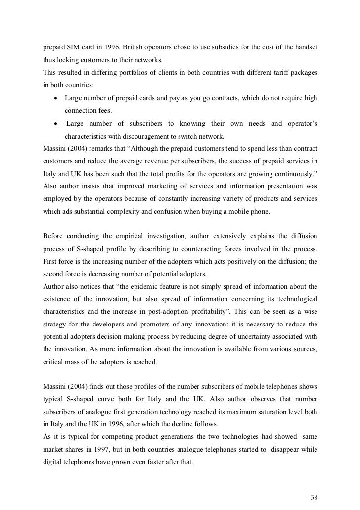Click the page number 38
(313, 482)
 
